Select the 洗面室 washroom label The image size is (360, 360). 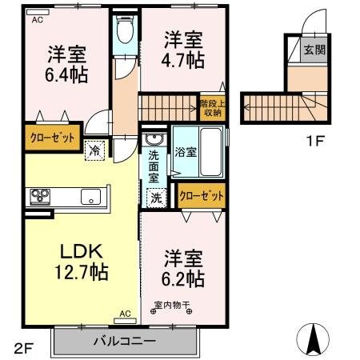point(153,165)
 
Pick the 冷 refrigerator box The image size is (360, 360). point(95,149)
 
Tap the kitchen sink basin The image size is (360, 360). point(88,195)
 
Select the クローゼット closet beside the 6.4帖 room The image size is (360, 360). point(54,137)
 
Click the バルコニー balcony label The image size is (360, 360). point(126,342)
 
